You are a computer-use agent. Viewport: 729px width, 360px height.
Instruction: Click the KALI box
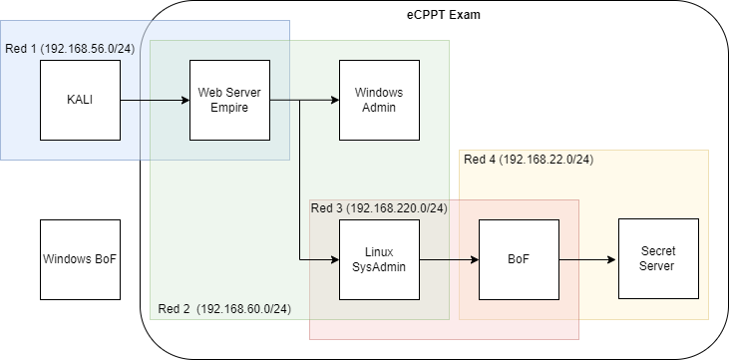click(80, 100)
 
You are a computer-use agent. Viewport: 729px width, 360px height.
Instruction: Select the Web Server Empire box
click(229, 100)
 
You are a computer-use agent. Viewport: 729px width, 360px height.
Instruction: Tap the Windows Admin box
click(379, 100)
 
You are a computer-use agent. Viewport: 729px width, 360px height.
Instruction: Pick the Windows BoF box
click(80, 259)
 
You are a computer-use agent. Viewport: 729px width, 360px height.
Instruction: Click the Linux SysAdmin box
click(379, 259)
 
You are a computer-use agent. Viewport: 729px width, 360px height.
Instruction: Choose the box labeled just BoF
click(519, 259)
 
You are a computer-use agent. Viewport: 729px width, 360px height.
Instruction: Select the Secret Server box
click(658, 259)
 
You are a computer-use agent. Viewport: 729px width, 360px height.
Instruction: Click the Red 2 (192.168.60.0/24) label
click(224, 309)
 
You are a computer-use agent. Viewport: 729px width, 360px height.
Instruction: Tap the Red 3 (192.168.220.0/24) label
click(379, 208)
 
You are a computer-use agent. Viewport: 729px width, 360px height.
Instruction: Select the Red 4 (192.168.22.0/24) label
click(530, 159)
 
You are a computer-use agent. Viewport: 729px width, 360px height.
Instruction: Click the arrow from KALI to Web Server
click(154, 100)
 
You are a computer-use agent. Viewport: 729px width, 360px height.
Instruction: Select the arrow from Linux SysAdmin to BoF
click(449, 259)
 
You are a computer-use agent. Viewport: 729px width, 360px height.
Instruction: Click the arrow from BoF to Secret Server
click(588, 259)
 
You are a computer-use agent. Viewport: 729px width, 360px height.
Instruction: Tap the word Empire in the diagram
click(229, 108)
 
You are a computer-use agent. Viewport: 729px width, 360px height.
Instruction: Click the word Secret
click(658, 251)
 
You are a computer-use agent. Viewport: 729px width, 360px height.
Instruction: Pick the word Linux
click(379, 251)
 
